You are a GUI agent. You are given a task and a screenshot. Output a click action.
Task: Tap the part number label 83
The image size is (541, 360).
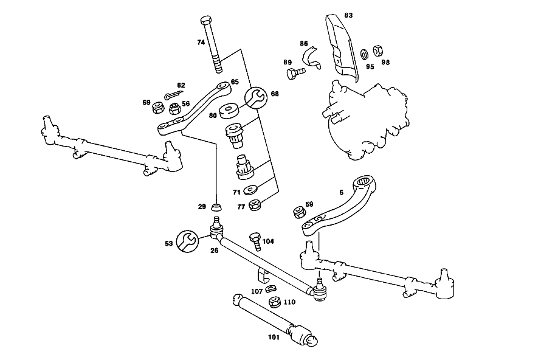(348, 15)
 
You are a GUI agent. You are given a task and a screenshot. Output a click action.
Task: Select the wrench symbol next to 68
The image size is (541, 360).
(256, 97)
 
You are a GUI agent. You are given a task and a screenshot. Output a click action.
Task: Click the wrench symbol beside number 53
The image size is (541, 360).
(187, 241)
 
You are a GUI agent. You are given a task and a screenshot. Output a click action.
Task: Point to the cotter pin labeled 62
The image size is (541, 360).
(174, 95)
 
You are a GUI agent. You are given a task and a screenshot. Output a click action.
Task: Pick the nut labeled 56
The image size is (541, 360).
(175, 109)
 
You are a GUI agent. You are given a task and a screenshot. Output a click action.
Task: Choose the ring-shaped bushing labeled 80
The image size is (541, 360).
(228, 111)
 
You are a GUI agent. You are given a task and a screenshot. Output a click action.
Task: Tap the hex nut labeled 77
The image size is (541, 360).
(255, 205)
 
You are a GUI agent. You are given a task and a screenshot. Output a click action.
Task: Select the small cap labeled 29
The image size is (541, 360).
(216, 207)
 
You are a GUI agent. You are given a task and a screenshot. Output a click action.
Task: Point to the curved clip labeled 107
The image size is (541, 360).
(271, 288)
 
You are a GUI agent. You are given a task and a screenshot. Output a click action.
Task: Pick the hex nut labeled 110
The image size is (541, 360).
(274, 302)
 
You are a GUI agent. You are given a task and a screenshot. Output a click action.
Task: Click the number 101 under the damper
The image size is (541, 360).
(274, 337)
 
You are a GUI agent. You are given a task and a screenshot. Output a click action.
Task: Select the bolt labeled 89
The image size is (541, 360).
(295, 74)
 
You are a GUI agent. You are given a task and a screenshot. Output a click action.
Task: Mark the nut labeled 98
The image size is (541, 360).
(378, 51)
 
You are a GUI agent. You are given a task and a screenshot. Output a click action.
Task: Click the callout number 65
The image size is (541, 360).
(235, 82)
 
